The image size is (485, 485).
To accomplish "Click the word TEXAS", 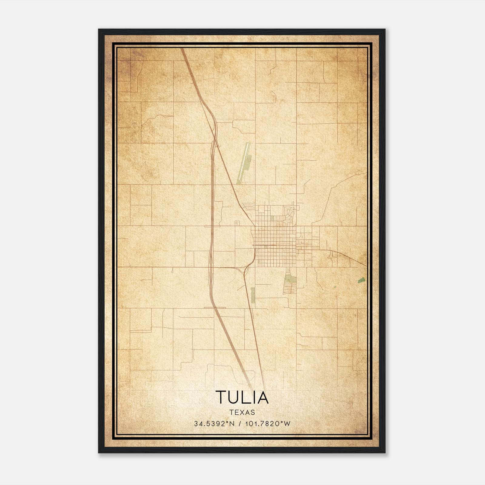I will tap(242, 412).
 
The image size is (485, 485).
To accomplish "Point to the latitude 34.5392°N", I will tap(215, 424).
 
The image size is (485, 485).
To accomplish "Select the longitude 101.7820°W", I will tap(267, 424).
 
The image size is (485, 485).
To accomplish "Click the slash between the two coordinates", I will tap(240, 424).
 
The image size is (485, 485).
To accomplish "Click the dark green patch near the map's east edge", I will tap(361, 280).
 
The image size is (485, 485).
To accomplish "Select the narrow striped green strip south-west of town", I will tap(253, 296).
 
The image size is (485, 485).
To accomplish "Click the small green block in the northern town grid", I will tap(272, 218).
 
